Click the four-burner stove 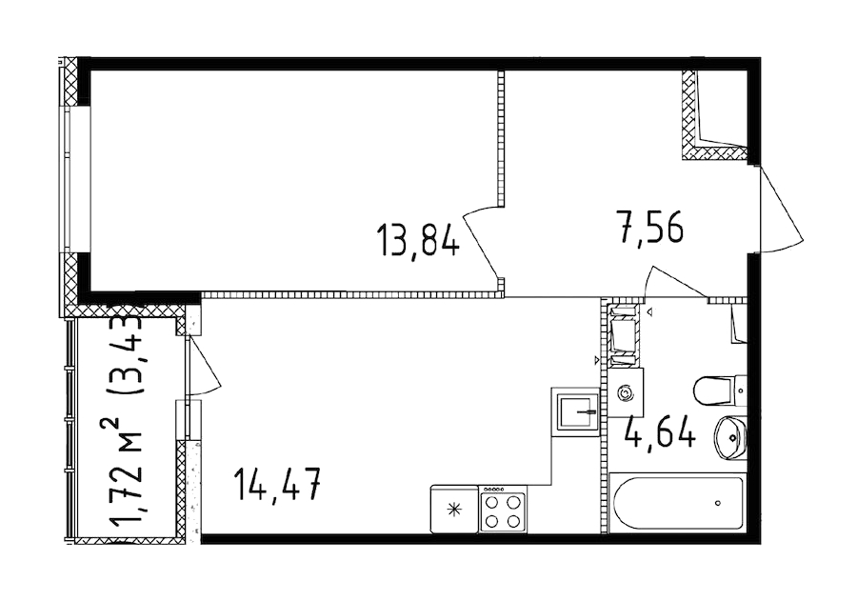tap(502, 509)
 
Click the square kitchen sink tap(574, 411)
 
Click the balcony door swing tap(204, 367)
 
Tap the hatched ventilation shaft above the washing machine tap(625, 334)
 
